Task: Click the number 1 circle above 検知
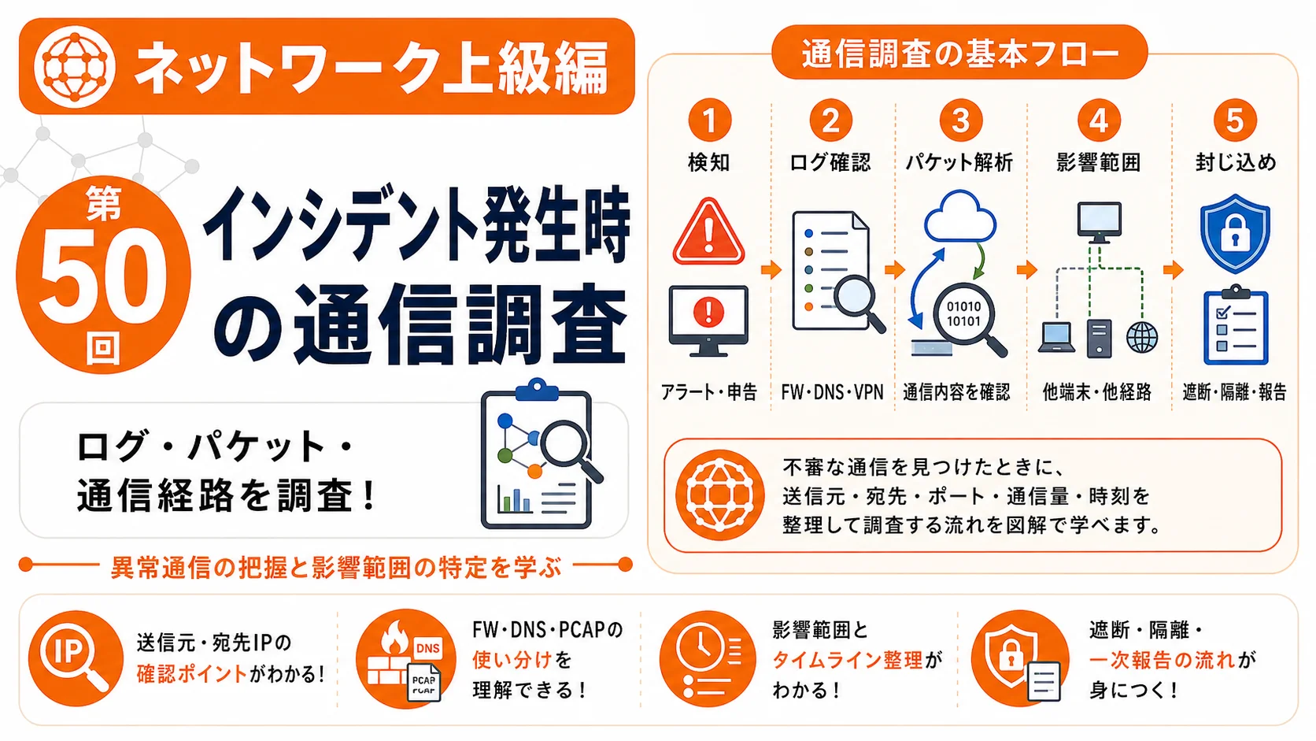pos(710,120)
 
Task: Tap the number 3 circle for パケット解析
pos(960,120)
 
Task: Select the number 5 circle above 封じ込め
pos(1235,120)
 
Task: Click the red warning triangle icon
pos(708,232)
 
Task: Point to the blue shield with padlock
pos(1235,233)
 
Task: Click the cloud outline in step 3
pos(960,216)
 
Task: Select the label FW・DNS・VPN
pos(832,392)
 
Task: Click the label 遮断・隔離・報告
pos(1234,392)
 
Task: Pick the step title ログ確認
pos(830,162)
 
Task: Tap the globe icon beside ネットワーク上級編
pos(74,66)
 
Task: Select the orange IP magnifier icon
pos(76,658)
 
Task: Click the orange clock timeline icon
pos(708,659)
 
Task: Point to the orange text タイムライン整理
pos(848,661)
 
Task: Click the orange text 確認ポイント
pos(191,674)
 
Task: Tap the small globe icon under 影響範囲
pos(1141,338)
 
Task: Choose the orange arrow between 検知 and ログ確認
pos(771,270)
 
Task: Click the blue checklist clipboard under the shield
pos(1236,325)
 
